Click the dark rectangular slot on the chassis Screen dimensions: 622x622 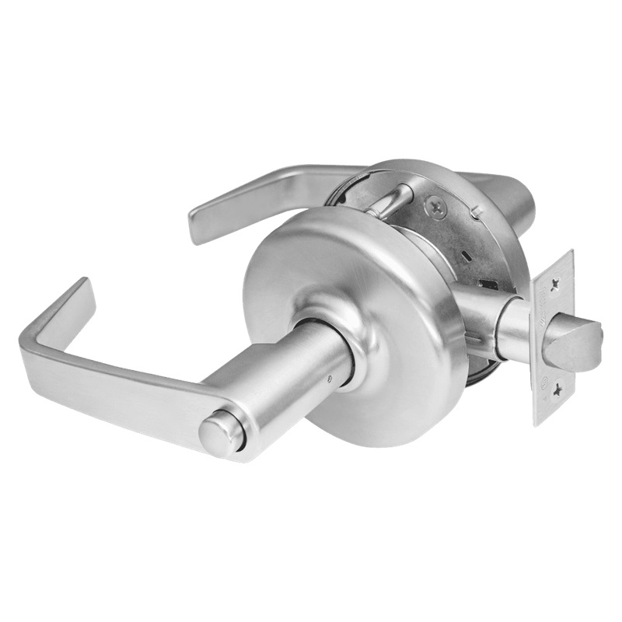pos(488,284)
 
